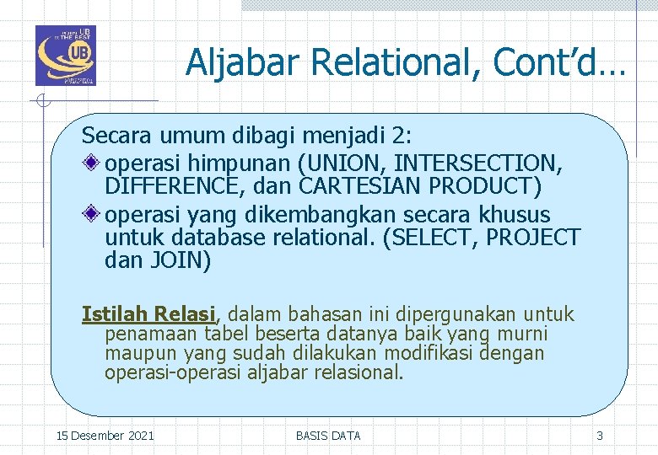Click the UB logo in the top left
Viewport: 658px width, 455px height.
coord(65,56)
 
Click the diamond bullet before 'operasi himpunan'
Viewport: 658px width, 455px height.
coord(93,162)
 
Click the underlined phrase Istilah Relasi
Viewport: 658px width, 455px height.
coord(148,314)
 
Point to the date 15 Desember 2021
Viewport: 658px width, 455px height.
coord(105,436)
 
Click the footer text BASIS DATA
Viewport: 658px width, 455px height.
coord(328,436)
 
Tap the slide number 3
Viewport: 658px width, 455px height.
coord(600,436)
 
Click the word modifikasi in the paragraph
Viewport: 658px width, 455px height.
coord(429,353)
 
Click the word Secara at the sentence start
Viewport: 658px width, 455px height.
coord(112,135)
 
